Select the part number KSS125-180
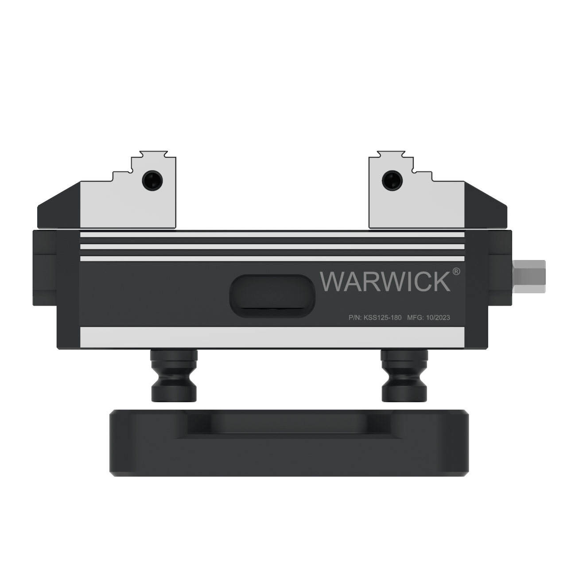click(382, 318)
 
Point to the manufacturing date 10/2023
click(438, 318)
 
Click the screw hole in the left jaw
click(152, 180)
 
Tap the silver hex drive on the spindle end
click(529, 277)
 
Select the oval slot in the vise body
click(272, 296)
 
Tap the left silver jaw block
click(128, 204)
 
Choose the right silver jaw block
click(416, 204)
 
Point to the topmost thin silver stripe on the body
click(272, 235)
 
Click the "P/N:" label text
click(355, 318)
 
